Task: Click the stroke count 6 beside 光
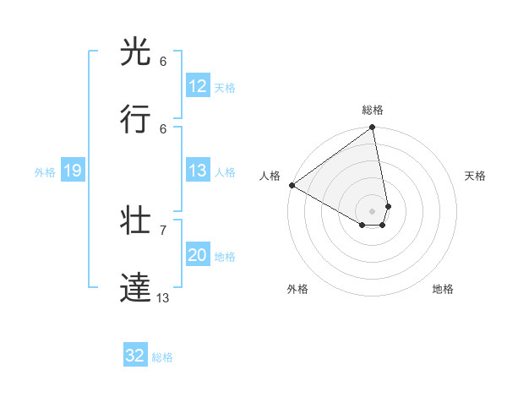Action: click(x=163, y=62)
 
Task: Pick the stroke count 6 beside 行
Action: click(x=163, y=128)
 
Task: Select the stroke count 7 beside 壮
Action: click(x=163, y=230)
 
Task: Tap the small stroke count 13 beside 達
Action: click(x=163, y=297)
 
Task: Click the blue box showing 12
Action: click(x=198, y=86)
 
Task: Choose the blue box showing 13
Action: click(x=198, y=171)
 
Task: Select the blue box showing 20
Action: click(x=198, y=255)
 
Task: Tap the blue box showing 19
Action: click(x=72, y=171)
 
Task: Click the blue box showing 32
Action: click(x=135, y=356)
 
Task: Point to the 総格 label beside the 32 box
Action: click(x=162, y=357)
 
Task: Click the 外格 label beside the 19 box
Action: click(x=45, y=172)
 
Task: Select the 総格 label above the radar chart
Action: click(x=373, y=110)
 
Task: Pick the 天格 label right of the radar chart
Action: click(x=476, y=176)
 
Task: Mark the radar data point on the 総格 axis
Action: click(x=373, y=128)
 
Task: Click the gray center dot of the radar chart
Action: click(x=373, y=210)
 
